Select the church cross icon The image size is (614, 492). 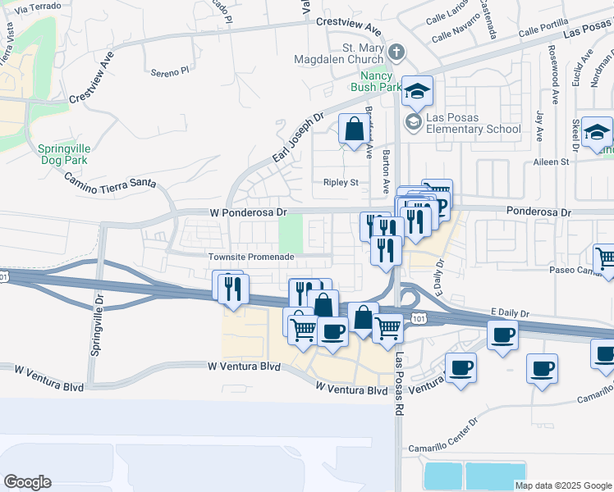pos(396,53)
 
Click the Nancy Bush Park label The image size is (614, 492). pos(376,80)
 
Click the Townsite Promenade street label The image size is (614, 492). pos(251,257)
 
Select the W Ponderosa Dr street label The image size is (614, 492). pos(248,212)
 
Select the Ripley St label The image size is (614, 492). pos(341,182)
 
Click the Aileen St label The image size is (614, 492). pos(552,162)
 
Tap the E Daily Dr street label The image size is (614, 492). pos(511,312)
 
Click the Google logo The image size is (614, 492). pos(27,482)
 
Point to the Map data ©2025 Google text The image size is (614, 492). pos(563,485)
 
